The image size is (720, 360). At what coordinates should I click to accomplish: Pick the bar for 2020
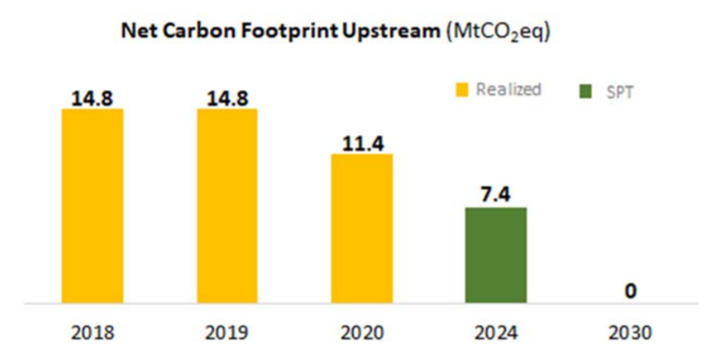(362, 229)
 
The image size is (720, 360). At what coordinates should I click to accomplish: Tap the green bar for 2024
(496, 255)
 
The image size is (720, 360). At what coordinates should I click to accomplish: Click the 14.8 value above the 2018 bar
(92, 98)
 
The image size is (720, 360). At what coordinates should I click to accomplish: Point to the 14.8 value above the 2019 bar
(227, 98)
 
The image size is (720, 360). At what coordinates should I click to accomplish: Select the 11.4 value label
(362, 143)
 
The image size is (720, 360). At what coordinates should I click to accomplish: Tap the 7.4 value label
(496, 196)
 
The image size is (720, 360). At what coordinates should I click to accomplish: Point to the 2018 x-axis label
(92, 332)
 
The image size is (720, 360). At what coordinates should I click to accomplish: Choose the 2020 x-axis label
(362, 332)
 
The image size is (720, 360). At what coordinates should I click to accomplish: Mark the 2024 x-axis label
(496, 332)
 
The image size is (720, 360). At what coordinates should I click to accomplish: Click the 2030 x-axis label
(631, 332)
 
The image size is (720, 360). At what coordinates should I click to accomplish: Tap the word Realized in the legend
(508, 89)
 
